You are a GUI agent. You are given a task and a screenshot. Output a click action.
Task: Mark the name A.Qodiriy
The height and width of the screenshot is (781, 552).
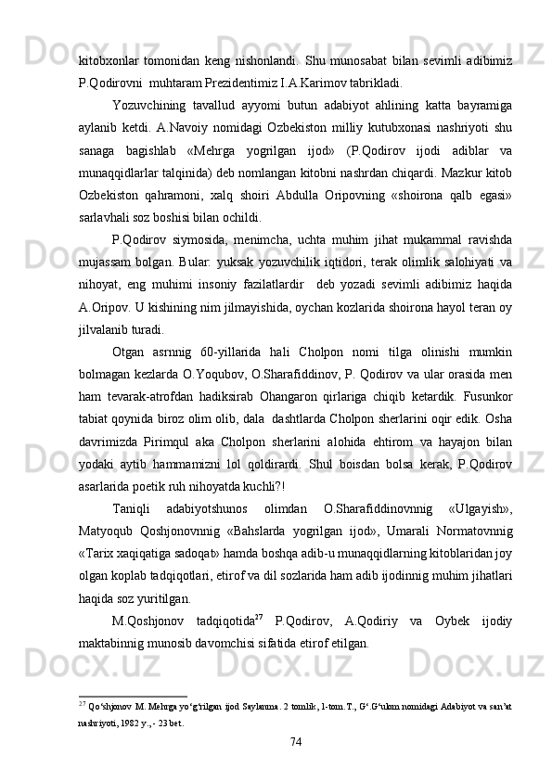click(x=372, y=621)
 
